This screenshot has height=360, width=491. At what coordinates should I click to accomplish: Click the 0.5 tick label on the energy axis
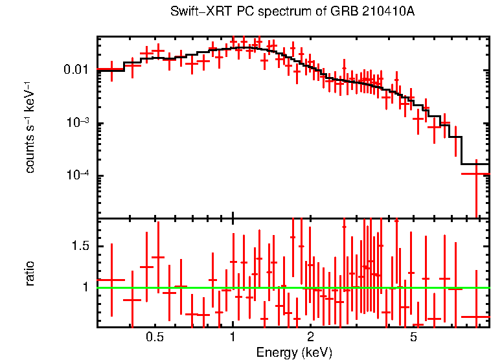click(154, 337)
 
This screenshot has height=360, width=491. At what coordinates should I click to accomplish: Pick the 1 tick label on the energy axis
click(233, 337)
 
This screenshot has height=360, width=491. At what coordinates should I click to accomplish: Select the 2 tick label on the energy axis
click(310, 337)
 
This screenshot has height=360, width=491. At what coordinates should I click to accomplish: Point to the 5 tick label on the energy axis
click(413, 337)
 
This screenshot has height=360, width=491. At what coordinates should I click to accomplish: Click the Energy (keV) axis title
click(294, 352)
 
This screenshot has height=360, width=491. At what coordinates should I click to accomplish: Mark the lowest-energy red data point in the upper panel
click(112, 69)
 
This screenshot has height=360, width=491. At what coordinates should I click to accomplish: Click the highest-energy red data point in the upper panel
click(477, 174)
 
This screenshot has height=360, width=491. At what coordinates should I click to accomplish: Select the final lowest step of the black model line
click(475, 164)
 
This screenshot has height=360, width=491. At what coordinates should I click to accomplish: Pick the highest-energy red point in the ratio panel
click(477, 317)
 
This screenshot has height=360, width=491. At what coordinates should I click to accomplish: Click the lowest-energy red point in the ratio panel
click(112, 280)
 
